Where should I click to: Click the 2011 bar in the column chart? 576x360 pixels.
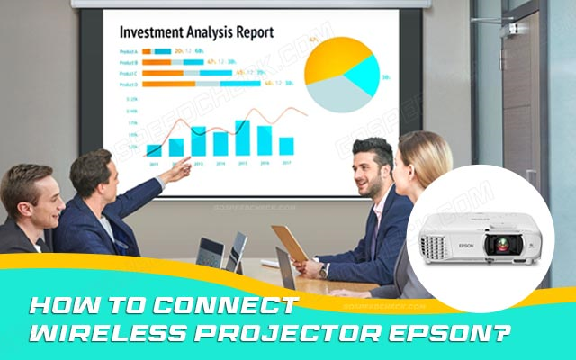pyautogui.click(x=154, y=150)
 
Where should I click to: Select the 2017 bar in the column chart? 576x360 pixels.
pyautogui.click(x=286, y=146)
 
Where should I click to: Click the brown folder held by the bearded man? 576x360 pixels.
pyautogui.click(x=290, y=241)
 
